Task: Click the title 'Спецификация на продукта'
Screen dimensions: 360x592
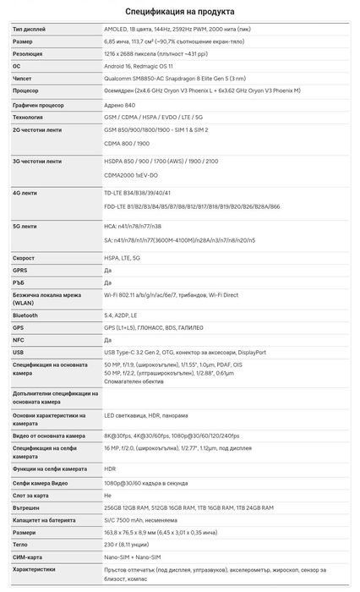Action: pos(180,12)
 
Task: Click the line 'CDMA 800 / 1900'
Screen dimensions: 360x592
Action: pos(127,144)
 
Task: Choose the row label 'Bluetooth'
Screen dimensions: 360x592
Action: pos(25,315)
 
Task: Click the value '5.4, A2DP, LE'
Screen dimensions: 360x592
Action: pos(123,315)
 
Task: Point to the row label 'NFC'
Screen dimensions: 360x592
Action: pos(19,339)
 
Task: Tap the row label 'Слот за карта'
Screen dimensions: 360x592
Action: pos(32,495)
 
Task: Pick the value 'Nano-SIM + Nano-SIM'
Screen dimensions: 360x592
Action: pos(134,558)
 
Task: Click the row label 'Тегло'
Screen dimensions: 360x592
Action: pos(21,546)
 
